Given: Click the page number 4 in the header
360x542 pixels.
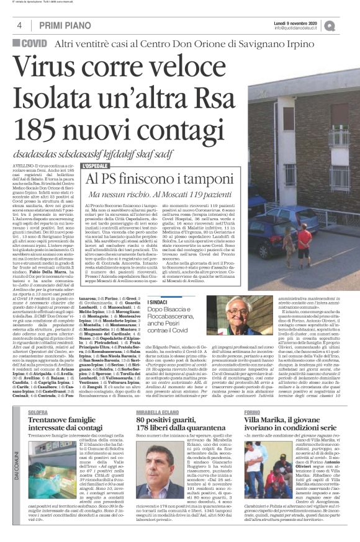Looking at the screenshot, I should pos(19,25).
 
